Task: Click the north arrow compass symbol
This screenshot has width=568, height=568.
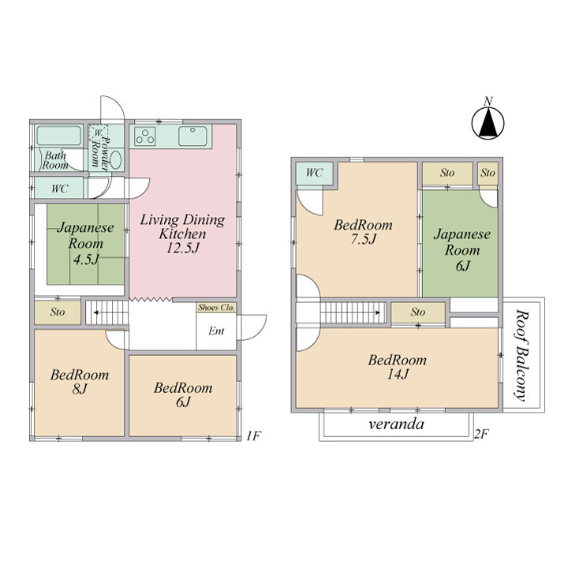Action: coord(488,123)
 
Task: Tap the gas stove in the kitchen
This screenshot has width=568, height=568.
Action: coord(145,136)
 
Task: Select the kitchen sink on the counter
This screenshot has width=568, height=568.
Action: coord(192,136)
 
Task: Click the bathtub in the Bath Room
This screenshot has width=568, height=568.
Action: coord(59,136)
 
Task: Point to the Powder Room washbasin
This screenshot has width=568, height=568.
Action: coord(115,159)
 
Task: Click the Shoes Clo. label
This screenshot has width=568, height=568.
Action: coord(216,308)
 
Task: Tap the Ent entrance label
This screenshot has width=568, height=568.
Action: coord(216,331)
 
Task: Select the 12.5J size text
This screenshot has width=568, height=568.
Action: coord(183,248)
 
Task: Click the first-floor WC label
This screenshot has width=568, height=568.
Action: coord(60,189)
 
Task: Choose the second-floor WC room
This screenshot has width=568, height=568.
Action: coord(315,173)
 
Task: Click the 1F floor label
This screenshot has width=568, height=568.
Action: coord(253,435)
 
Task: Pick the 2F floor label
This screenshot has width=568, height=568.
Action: coord(482,434)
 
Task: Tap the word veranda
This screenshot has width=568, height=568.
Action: coord(396,424)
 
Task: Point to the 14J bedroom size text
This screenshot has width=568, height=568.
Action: coord(398,374)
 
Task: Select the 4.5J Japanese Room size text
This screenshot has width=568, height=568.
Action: coord(86,260)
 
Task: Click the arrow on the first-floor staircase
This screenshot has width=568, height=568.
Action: coord(110,312)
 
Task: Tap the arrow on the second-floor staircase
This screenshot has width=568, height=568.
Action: coord(351,312)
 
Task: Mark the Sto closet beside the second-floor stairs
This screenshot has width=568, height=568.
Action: coord(418,312)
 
